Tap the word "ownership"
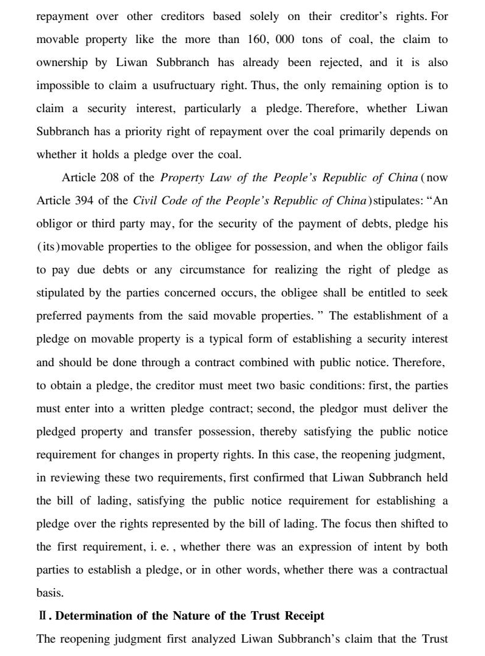point(62,62)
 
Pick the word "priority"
point(155,132)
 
